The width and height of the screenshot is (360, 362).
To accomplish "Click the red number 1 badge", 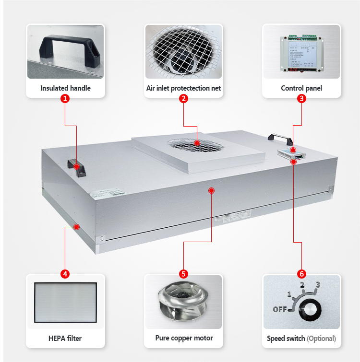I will click(x=65, y=99).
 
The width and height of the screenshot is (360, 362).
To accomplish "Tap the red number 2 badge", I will click(x=183, y=99).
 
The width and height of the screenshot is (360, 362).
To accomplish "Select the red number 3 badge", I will click(x=301, y=99).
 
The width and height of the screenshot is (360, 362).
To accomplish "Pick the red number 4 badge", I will click(x=65, y=274).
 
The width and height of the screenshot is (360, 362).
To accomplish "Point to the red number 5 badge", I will click(x=183, y=274).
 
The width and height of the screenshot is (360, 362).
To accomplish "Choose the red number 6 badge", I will click(x=301, y=274).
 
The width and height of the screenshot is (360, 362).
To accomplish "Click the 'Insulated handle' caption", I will click(x=65, y=88).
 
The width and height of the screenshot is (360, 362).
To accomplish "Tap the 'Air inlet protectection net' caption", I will click(x=183, y=88).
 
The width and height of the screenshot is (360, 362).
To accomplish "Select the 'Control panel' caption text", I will click(x=301, y=88).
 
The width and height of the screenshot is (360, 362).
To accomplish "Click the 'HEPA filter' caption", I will click(x=65, y=338).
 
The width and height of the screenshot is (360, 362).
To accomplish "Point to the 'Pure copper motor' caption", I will click(x=184, y=338).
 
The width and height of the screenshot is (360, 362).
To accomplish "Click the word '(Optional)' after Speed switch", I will click(x=321, y=339).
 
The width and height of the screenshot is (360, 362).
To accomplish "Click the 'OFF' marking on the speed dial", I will click(x=280, y=309).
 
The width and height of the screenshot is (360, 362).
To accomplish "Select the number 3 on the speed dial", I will click(x=318, y=285).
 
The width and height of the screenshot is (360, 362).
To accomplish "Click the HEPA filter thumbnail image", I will click(x=65, y=302).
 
